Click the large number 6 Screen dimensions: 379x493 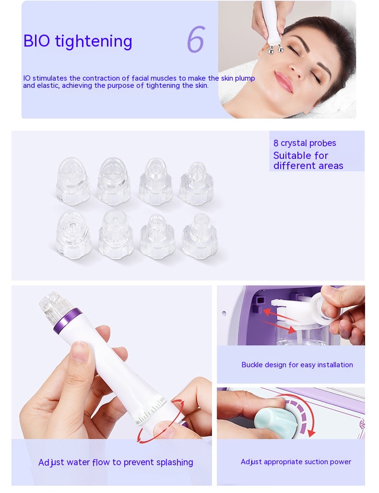[195, 39]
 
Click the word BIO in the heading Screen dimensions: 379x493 [36, 41]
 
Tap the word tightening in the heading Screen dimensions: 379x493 [94, 42]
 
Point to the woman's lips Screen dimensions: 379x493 [284, 81]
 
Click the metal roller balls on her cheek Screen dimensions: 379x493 [275, 49]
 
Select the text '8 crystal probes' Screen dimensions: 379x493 [305, 143]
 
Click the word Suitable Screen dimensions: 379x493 [300, 156]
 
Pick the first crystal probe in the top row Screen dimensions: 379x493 [73, 181]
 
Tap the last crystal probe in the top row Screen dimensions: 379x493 [196, 184]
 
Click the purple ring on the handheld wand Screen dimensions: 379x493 [68, 321]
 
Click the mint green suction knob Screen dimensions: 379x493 [275, 422]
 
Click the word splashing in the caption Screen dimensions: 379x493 [175, 462]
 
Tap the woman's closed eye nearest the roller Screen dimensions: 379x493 [293, 50]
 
